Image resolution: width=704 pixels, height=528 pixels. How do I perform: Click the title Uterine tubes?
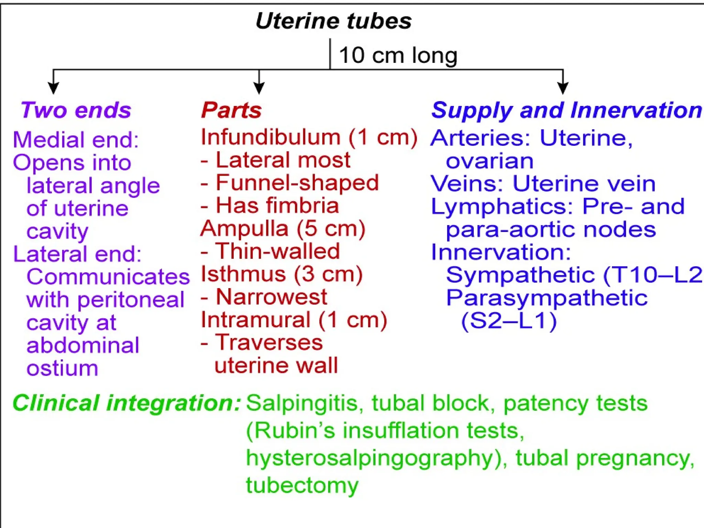[333, 21]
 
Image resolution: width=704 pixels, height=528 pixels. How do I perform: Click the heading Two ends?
[76, 110]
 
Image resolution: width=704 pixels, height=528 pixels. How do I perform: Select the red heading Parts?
[231, 110]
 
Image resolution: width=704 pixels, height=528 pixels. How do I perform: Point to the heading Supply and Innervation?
[566, 110]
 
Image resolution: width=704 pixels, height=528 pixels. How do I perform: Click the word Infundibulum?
[271, 137]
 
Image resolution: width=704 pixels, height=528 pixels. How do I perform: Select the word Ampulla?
[244, 229]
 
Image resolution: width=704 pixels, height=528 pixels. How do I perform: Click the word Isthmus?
[243, 274]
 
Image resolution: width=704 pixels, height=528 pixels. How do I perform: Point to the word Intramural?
[256, 320]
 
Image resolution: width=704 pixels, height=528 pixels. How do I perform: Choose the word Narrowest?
[272, 297]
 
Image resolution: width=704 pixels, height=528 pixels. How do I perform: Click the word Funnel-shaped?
[297, 183]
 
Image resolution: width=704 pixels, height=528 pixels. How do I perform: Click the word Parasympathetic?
[547, 298]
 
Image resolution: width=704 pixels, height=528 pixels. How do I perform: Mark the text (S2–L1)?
[509, 321]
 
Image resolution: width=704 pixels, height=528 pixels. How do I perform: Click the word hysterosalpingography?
[374, 458]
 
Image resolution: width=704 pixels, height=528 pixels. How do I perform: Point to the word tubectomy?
[302, 485]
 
